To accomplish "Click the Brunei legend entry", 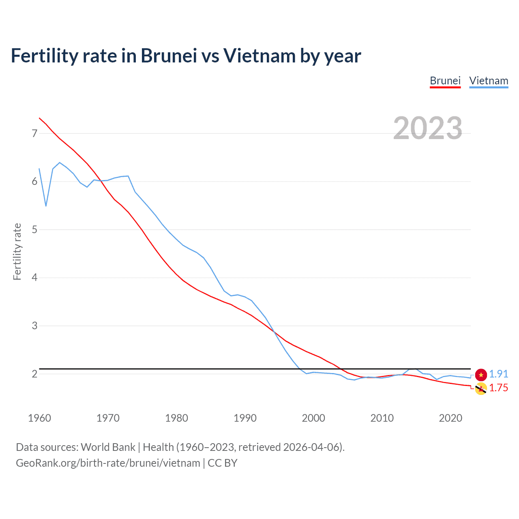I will [445, 81].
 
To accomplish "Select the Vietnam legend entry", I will [489, 81].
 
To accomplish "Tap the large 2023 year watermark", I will [428, 128].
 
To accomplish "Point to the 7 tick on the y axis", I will [34, 133].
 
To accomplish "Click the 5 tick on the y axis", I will [34, 229].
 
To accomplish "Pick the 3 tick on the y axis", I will [34, 326].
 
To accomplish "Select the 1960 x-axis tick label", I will [39, 418].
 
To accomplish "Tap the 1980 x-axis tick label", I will [176, 418].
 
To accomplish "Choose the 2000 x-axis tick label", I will [313, 418].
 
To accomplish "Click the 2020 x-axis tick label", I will [450, 418].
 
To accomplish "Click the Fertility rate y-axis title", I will [17, 251].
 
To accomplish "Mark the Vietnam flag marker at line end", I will [481, 375].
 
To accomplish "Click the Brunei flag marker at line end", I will [481, 389].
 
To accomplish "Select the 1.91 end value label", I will [498, 374].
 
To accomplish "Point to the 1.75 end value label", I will [498, 388].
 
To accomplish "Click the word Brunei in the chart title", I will [169, 56].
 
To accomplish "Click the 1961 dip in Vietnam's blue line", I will [46, 206].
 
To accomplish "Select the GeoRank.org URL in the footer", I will [108, 463].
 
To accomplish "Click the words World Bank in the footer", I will [108, 447].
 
